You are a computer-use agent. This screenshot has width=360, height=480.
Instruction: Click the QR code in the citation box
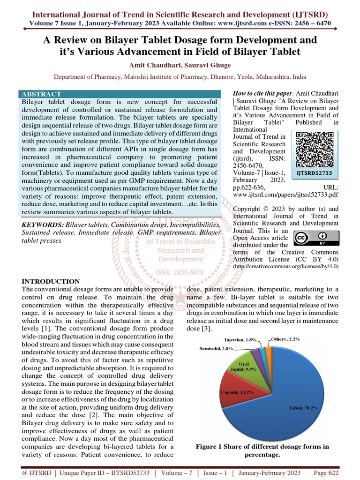pos(315,149)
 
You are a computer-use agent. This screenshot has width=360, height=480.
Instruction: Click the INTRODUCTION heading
pos(51,281)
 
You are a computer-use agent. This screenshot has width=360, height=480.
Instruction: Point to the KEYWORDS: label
pos(42,225)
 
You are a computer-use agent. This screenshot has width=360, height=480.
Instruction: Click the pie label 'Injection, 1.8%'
pos(240,339)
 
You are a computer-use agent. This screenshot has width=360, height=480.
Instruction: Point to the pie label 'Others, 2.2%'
pos(287,338)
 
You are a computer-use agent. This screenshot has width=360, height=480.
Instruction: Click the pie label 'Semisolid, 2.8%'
pos(217,349)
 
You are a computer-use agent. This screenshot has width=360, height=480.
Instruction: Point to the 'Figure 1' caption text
pos(262,447)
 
